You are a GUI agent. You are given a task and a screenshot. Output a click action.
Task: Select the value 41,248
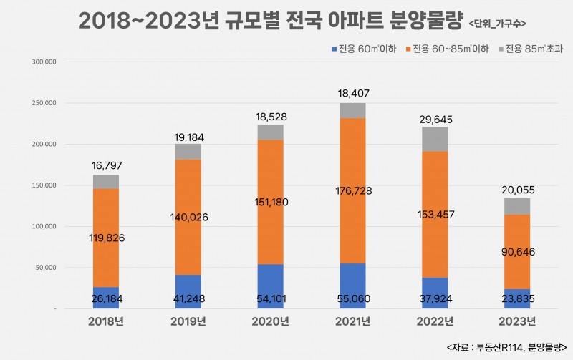click(188, 298)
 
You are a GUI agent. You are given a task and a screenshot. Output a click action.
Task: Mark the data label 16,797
click(106, 166)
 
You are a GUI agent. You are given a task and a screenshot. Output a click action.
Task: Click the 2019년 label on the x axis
click(188, 321)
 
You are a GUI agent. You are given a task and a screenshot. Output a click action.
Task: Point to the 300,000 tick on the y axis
click(44, 62)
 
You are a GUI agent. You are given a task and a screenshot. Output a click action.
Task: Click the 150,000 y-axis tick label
click(44, 185)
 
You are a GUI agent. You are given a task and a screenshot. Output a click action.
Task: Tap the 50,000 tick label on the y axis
click(47, 268)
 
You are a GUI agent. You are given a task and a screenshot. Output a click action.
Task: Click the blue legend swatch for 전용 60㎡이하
click(332, 49)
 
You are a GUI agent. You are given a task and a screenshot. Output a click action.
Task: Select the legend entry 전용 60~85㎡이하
click(451, 49)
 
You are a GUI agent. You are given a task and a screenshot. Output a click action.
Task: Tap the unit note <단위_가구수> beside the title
click(498, 24)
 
